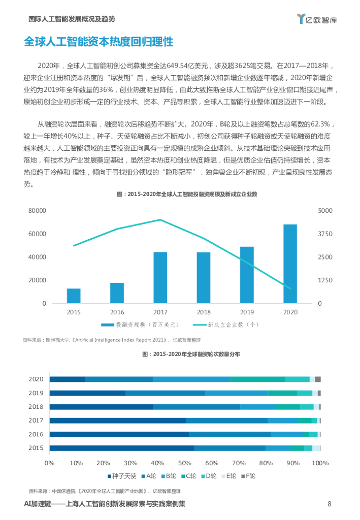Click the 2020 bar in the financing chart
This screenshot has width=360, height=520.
point(290,264)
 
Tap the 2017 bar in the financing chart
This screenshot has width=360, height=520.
point(160,277)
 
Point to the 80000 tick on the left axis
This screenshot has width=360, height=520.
point(37,210)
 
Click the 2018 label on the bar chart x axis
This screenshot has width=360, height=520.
point(204,312)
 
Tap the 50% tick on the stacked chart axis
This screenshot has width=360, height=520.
point(184,463)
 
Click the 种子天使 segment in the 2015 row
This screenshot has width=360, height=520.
point(122,448)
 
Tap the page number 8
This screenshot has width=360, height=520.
point(330,504)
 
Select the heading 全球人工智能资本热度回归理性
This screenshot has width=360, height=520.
point(99,42)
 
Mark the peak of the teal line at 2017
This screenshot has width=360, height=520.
point(160,220)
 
